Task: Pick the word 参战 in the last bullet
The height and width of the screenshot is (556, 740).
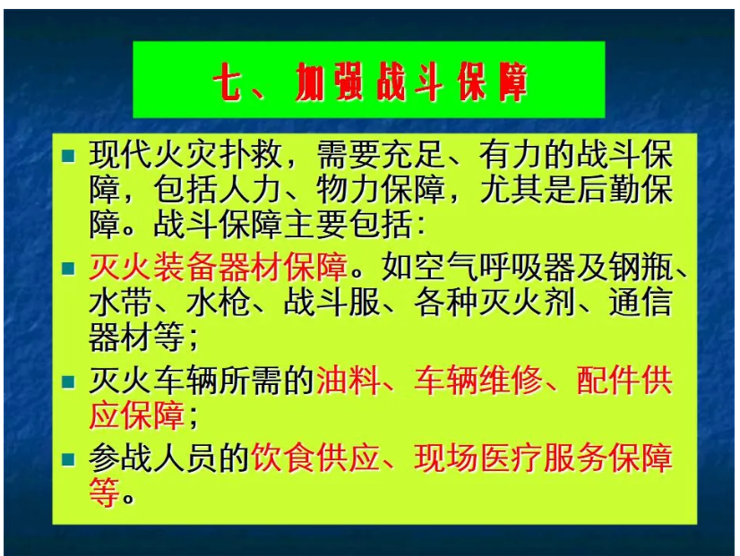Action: [120, 459]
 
